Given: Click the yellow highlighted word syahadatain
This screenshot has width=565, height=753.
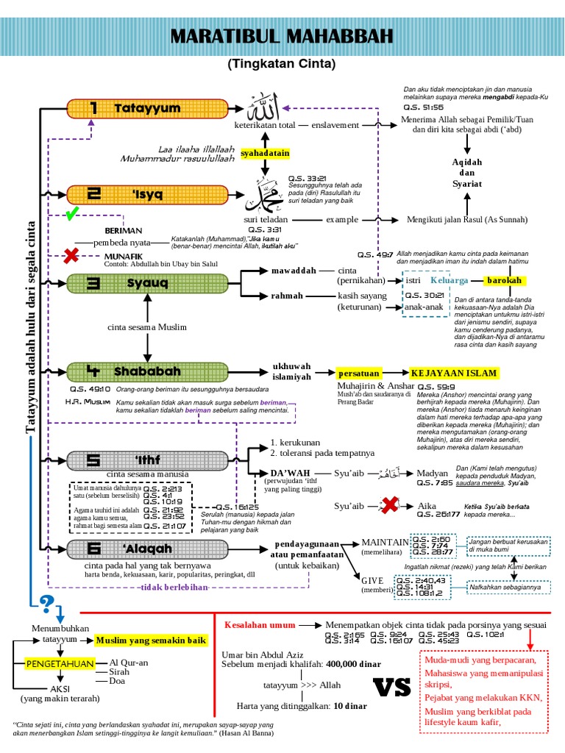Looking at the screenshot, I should point(265,153).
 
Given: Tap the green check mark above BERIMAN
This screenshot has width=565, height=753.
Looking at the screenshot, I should point(71,215).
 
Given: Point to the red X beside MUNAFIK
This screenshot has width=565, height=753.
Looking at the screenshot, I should point(71,256).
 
